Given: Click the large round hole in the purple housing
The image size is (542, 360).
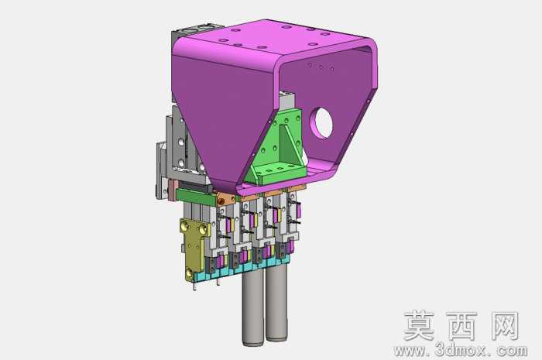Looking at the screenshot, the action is pyautogui.click(x=323, y=123).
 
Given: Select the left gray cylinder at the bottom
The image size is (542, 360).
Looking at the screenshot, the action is pyautogui.click(x=253, y=306).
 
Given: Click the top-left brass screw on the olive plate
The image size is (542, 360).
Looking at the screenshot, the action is pyautogui.click(x=184, y=226).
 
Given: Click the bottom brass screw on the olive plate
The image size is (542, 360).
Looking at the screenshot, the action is pyautogui.click(x=189, y=274).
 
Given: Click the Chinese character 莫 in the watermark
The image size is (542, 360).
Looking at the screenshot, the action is pyautogui.click(x=420, y=326).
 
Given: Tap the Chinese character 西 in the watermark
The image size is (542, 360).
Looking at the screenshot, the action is pyautogui.click(x=462, y=326).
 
